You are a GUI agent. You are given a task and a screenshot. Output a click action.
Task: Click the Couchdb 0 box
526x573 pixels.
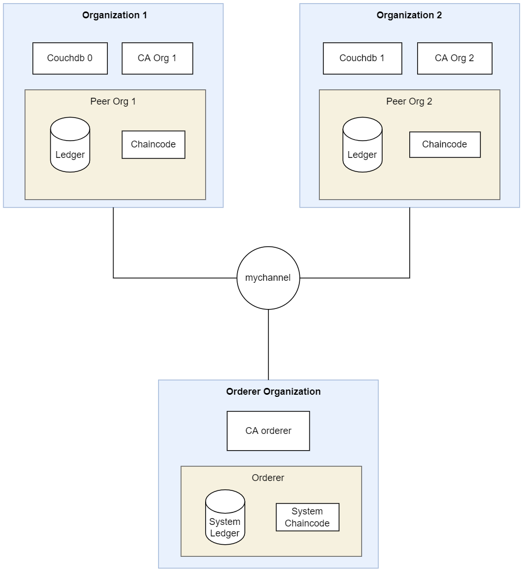point(70,58)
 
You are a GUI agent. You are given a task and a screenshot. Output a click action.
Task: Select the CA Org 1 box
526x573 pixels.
point(157,58)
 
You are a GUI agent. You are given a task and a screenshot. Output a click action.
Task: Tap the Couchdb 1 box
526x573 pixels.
point(362,58)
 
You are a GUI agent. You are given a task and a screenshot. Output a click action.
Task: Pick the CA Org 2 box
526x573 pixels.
point(454,58)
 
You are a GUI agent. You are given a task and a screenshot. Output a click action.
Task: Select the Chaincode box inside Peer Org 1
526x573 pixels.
point(153,144)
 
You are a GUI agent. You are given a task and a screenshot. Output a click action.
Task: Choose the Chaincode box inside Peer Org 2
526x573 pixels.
point(444,144)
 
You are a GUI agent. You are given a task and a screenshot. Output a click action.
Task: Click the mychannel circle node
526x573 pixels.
point(268,278)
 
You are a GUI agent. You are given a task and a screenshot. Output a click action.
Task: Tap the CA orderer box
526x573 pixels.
point(268,431)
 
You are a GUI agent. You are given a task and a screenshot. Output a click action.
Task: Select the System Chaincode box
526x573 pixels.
point(307,517)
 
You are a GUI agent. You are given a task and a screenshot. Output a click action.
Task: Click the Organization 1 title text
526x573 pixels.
point(115,15)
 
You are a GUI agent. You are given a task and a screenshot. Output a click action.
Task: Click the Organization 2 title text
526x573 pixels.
point(409,15)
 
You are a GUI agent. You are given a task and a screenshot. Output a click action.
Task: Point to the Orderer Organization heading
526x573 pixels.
point(273,392)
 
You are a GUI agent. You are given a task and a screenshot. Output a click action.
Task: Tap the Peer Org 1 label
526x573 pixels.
point(113,101)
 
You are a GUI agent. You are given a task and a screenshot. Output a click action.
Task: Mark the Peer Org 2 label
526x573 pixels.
point(409,101)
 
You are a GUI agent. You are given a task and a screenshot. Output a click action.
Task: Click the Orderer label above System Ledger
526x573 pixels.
point(268,478)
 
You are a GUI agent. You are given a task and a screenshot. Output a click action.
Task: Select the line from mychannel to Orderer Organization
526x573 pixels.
point(268,345)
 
